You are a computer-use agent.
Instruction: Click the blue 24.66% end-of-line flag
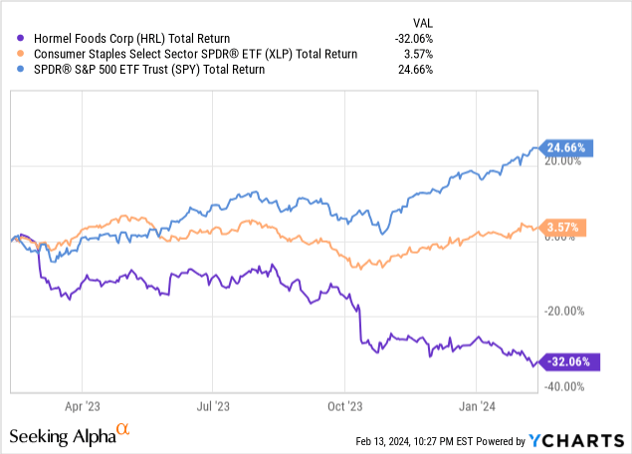click(566, 146)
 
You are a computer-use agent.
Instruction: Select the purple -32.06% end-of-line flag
click(566, 361)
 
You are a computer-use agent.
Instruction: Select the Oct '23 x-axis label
click(344, 405)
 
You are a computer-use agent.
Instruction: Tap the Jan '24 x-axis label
click(477, 405)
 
